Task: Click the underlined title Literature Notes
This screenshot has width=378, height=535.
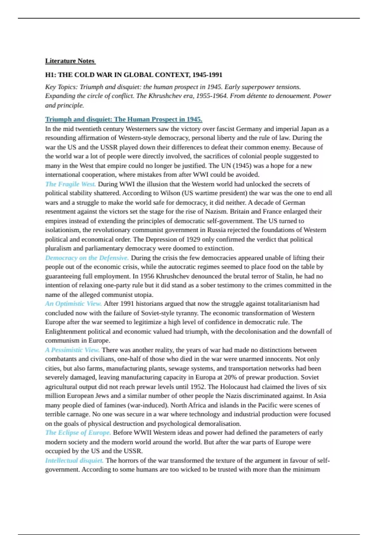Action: coord(70,61)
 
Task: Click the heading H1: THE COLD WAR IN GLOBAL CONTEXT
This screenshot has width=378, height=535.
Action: coord(134,75)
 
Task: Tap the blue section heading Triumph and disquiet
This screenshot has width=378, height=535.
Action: coord(123,119)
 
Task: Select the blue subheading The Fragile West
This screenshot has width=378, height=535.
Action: coord(71,184)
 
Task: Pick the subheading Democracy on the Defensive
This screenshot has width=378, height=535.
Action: coord(87,258)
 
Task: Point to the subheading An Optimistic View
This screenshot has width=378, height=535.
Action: coord(73,304)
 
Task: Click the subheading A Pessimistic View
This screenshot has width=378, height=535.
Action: coord(72,350)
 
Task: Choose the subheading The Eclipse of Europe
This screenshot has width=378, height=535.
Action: coord(78,433)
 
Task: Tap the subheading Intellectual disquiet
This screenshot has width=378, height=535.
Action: coord(74,460)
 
